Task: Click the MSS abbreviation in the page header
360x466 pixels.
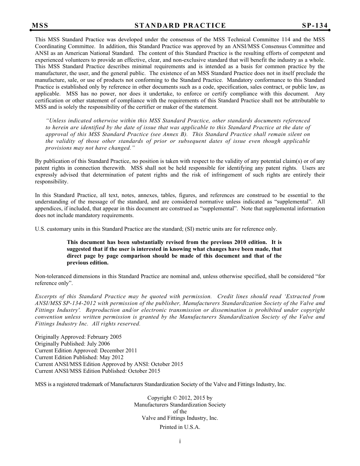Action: point(40,25)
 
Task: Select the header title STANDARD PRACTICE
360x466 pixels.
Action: point(180,25)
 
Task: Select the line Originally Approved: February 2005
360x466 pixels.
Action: point(78,337)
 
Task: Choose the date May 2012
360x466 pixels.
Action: point(111,357)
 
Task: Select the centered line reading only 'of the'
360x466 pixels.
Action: point(180,411)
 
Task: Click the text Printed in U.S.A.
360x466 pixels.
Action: point(180,427)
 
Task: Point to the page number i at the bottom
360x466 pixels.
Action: point(180,441)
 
